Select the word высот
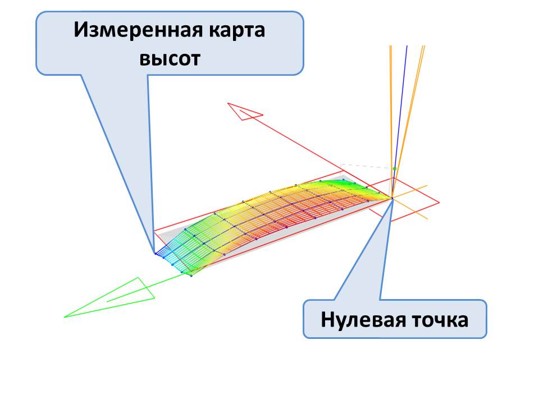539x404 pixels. click(x=170, y=58)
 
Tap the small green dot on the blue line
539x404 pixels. click(x=395, y=168)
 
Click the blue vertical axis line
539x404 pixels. click(x=400, y=112)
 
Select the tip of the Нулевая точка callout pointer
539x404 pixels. click(x=392, y=200)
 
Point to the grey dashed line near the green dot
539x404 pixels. click(x=365, y=166)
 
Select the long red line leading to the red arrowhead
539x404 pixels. click(x=314, y=151)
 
